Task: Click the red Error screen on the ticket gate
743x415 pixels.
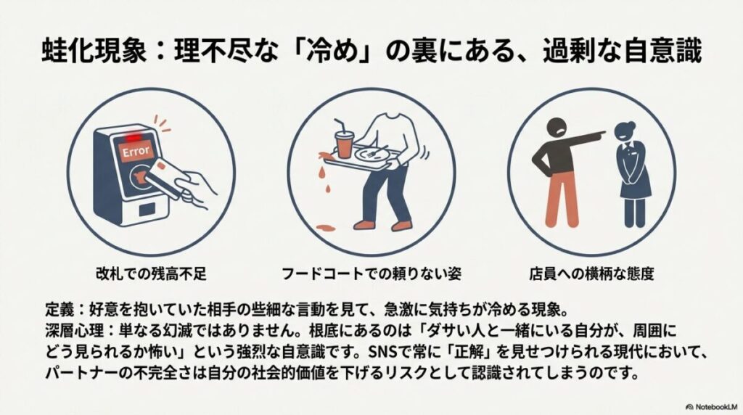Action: (x=136, y=152)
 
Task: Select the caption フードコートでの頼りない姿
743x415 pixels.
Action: (x=371, y=274)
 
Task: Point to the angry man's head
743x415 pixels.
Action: (x=552, y=126)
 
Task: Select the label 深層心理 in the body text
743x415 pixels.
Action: (x=70, y=323)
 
